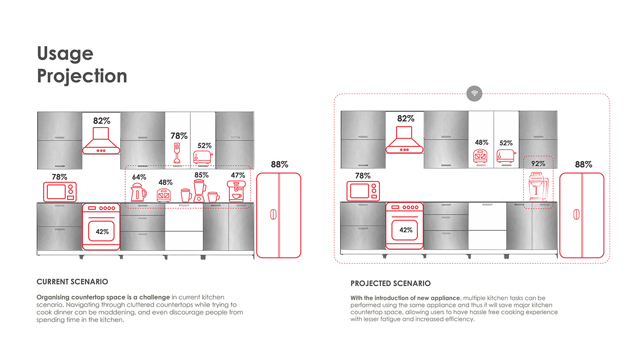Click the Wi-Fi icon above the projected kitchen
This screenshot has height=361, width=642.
474,94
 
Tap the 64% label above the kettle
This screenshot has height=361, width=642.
139,177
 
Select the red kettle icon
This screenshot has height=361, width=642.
138,193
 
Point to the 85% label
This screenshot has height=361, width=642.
201,175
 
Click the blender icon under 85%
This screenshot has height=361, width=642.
199,191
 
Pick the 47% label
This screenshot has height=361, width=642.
238,175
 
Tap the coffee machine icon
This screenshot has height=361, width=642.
236,191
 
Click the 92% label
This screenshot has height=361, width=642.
538,163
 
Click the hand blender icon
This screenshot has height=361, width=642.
176,153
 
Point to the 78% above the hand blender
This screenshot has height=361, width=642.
179,136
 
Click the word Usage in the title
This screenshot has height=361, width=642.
65,54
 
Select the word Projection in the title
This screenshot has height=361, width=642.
82,76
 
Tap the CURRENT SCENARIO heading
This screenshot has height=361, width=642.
72,282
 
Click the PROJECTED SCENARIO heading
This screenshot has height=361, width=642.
391,283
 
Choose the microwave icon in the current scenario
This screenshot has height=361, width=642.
60,192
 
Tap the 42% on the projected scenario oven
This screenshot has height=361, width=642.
406,230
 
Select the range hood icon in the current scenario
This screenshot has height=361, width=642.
101,141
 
